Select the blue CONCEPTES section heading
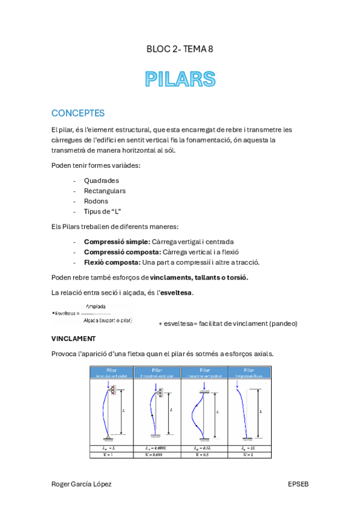point(78,113)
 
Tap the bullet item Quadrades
point(102,180)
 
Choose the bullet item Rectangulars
point(105,191)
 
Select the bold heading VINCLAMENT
point(74,339)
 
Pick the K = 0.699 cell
point(157,455)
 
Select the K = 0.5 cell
point(203,455)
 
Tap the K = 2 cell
point(249,455)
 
